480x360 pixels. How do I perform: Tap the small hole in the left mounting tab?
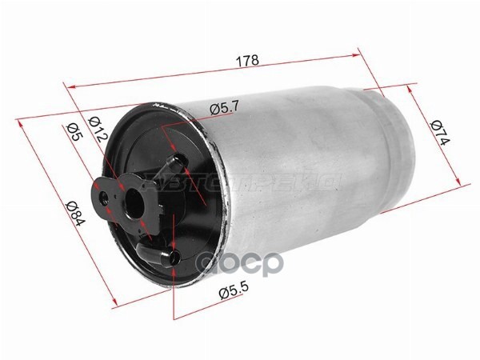[102, 194]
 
